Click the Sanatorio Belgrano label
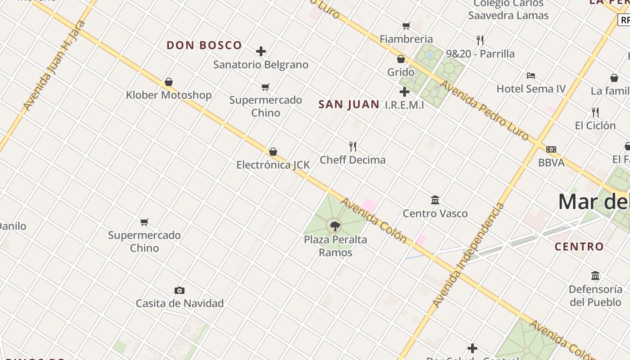pos(261,65)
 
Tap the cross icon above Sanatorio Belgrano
pos(261,51)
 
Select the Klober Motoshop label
pos(169,95)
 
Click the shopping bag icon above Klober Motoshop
pos(169,82)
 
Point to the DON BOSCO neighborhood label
pos(204,45)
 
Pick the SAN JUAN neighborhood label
pos(349,104)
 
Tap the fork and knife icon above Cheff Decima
pos(353,146)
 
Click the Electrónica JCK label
pos(273,165)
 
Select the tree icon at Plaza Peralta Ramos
pos(335,226)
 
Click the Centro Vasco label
pos(435,213)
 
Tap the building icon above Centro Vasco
pos(435,200)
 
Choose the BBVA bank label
pos(551,162)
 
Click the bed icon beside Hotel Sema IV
pos(531,75)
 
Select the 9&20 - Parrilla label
pos(480,54)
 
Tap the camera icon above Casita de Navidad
pos(180,290)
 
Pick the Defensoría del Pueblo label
pos(595,296)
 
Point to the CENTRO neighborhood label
pos(579,247)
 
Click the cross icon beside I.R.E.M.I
pos(405,92)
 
